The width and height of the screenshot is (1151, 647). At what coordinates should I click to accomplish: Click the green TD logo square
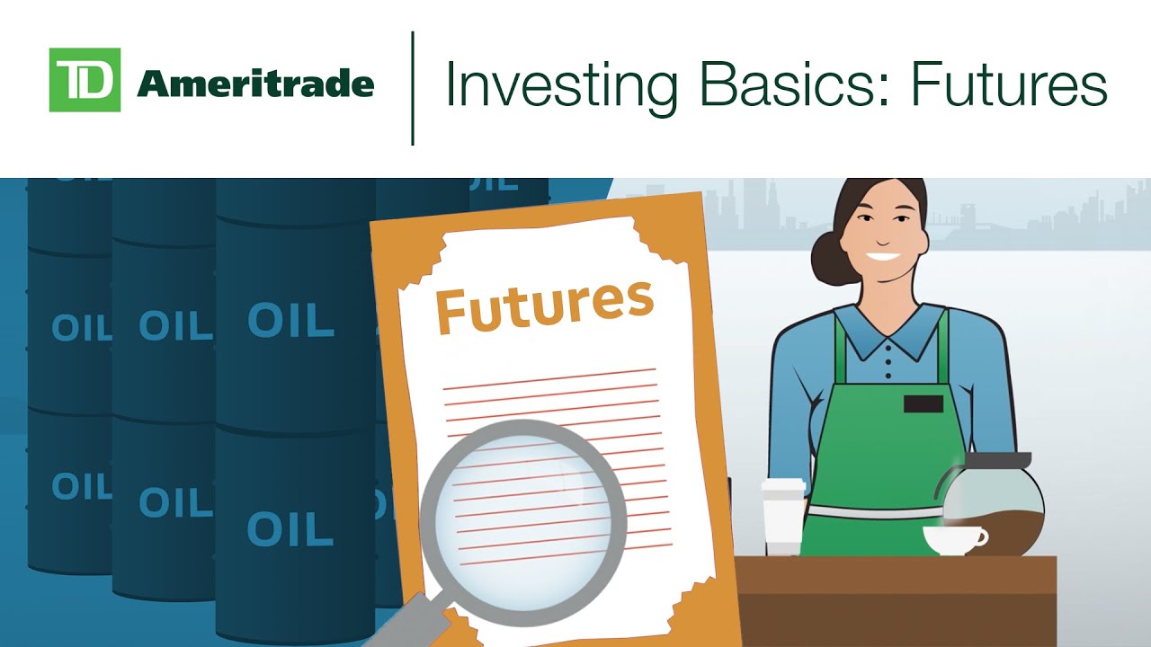(85, 80)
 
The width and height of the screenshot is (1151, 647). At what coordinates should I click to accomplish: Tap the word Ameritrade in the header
(255, 84)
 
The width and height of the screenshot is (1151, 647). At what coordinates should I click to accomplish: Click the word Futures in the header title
(1008, 85)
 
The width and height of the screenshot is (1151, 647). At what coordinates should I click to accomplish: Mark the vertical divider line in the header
(413, 88)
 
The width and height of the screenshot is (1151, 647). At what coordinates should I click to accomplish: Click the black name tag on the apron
(923, 403)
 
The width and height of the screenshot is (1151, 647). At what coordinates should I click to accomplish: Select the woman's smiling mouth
(882, 256)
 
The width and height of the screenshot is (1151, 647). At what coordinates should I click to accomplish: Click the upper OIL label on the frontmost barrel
(290, 320)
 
